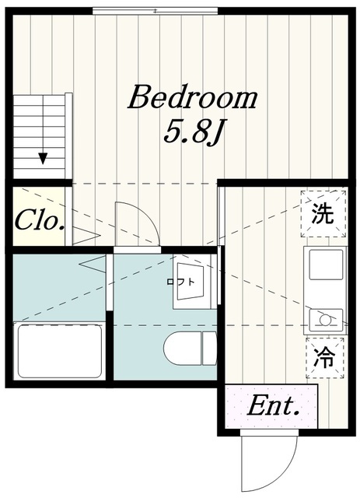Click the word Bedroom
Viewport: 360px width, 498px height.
193,97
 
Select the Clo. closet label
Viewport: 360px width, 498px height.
40,220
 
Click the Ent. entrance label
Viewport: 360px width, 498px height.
274,406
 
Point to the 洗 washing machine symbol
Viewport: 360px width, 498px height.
323,213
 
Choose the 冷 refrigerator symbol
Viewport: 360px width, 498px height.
325,358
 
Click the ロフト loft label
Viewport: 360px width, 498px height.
180,282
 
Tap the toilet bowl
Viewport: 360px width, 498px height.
183,348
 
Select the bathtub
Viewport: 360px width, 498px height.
60,351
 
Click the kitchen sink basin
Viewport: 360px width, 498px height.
326,265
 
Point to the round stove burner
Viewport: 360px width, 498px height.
324,320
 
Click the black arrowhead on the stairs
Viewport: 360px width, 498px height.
43,158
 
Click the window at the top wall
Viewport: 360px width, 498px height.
156,11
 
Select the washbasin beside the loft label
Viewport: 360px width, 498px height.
190,282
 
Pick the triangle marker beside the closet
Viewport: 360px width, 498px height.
86,236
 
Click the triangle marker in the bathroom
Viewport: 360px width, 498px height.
93,264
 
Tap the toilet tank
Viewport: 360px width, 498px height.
209,348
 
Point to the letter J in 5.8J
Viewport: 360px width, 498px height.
213,134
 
